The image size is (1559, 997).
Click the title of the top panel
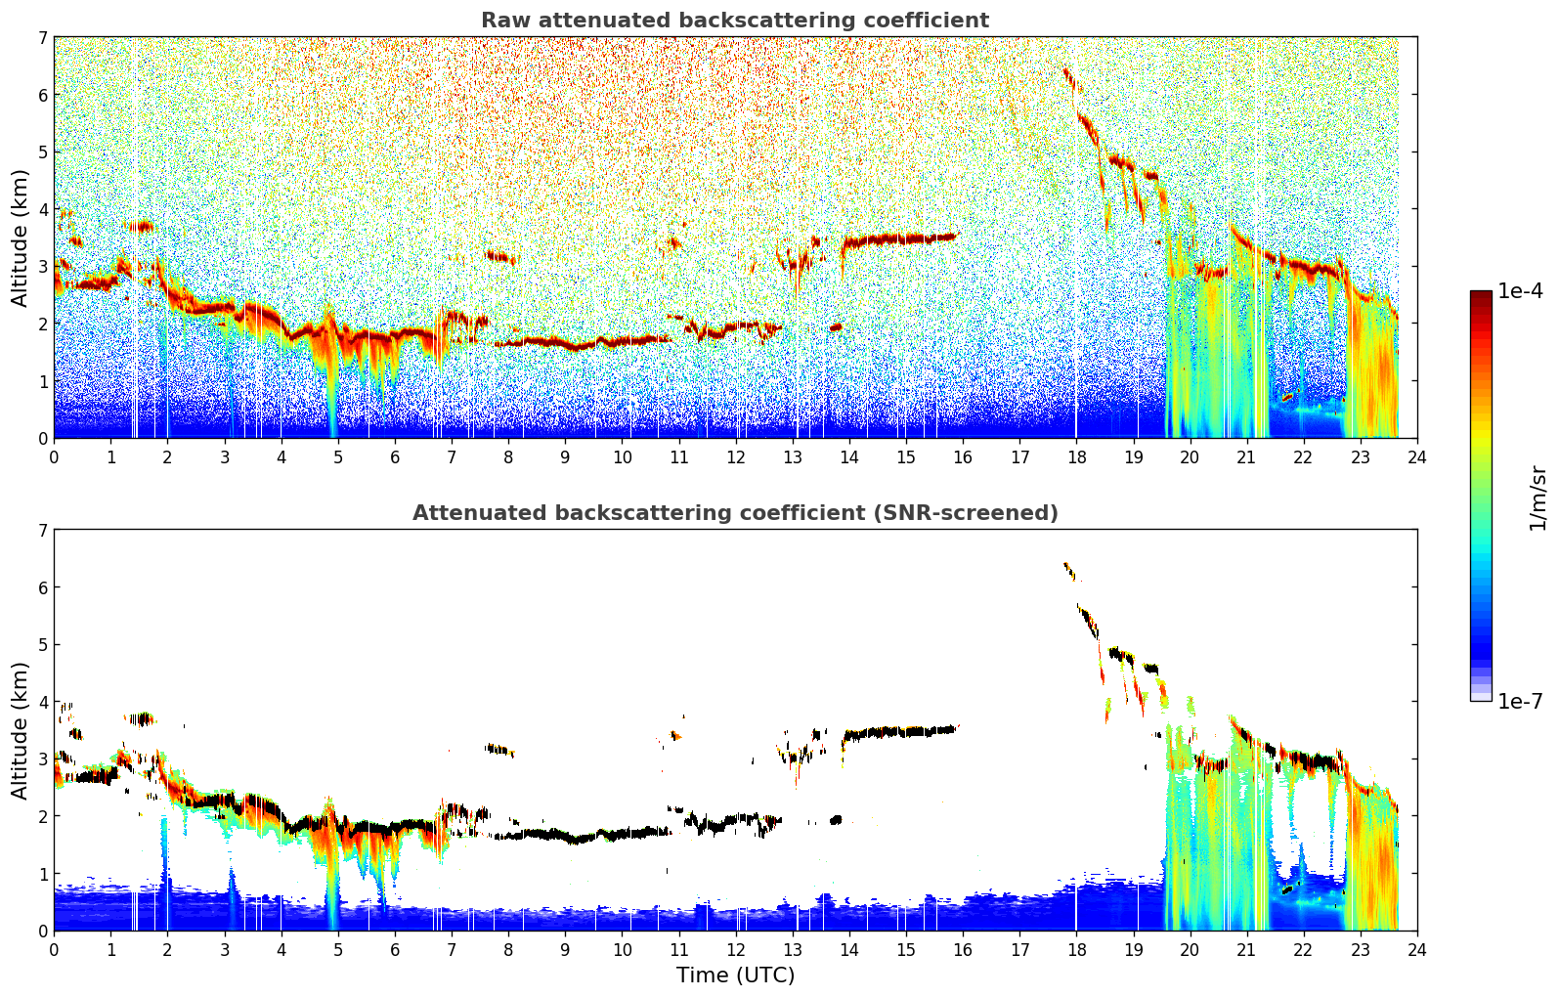point(735,21)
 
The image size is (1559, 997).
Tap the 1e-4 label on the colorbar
point(1521,291)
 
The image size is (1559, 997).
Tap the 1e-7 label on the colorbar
point(1521,701)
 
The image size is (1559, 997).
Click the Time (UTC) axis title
point(735,975)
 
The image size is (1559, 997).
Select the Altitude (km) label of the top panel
point(20,238)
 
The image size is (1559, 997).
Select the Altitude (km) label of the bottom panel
point(20,731)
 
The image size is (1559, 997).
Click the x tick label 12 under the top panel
point(736,457)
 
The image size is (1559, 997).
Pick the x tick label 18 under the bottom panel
point(1077,950)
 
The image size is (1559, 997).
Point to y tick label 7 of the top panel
point(42,37)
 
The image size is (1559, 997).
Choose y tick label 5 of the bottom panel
point(42,645)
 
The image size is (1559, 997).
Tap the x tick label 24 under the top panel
point(1417,457)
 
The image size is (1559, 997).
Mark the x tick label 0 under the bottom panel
point(55,950)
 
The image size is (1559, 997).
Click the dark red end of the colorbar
point(1481,295)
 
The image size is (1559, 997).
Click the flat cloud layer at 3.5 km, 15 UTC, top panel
point(900,240)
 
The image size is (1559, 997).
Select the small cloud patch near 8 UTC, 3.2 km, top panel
point(501,257)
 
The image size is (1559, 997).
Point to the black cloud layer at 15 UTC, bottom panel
point(900,732)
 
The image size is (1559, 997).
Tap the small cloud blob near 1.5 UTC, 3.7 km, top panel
point(139,226)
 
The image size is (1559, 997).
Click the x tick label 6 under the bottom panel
point(395,950)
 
